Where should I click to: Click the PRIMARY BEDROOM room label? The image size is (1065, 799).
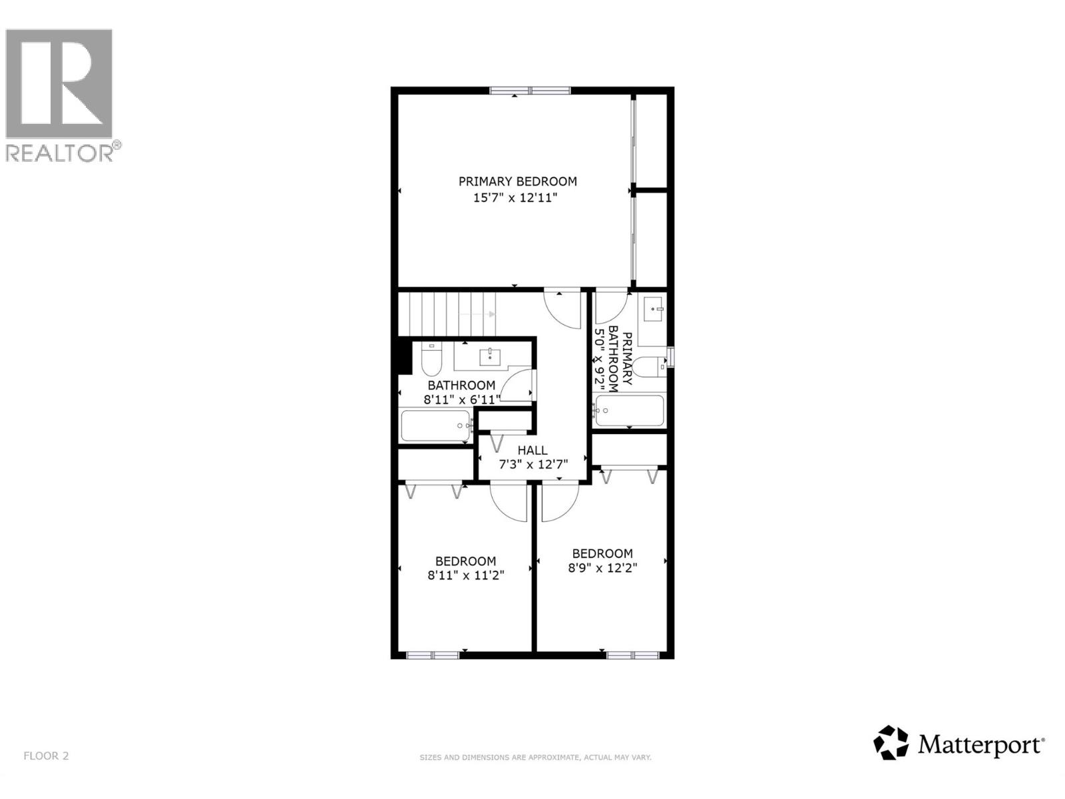517,181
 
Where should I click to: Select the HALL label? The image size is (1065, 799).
532,451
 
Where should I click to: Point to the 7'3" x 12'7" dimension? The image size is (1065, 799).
532,465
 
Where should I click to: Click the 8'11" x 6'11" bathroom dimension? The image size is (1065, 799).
461,400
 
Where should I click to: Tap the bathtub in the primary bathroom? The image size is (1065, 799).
629,411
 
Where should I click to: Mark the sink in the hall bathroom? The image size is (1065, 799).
491,356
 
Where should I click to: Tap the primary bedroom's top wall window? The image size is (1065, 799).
531,91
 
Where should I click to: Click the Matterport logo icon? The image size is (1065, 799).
891,742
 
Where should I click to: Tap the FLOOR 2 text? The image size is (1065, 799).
46,756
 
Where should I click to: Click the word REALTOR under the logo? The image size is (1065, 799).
60,152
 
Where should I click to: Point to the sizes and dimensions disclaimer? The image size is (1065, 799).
535,758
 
